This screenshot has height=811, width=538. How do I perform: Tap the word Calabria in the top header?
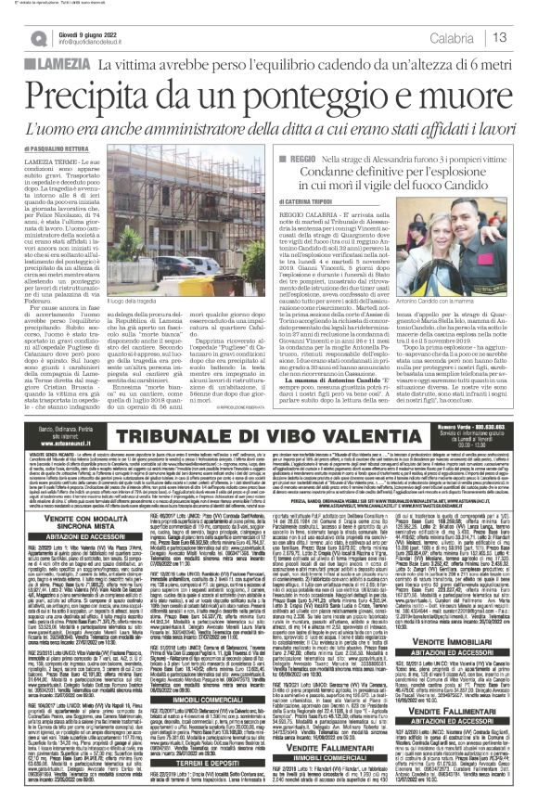click(x=451, y=37)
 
